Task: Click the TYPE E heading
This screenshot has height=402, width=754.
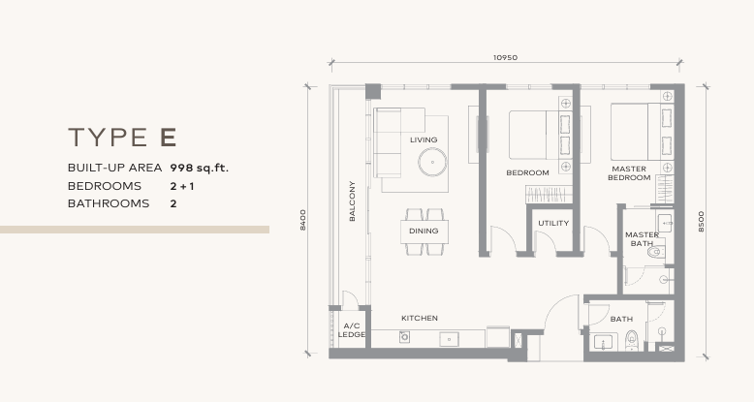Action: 122,137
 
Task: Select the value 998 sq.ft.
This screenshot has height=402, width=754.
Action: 199,168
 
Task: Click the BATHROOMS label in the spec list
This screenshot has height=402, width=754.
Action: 109,204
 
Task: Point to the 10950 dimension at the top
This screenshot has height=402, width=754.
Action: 505,57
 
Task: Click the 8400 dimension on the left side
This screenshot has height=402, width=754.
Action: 303,220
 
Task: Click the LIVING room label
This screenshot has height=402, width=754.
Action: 424,139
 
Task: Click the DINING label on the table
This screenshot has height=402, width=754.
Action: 424,232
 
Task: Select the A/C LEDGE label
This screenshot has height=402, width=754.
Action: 352,330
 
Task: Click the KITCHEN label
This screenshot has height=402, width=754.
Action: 420,318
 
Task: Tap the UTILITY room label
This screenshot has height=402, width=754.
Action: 553,224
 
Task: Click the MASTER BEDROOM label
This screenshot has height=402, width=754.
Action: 629,173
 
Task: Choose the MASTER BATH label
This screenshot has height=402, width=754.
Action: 642,239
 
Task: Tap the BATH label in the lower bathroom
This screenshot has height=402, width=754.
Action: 621,319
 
